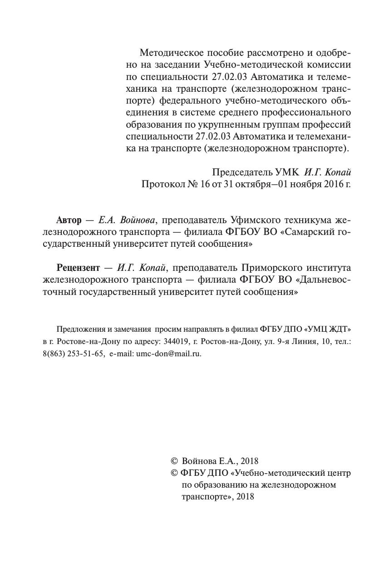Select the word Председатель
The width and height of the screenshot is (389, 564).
click(x=242, y=172)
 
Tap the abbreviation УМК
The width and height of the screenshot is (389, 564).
click(x=287, y=172)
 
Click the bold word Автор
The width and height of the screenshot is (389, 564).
click(x=69, y=220)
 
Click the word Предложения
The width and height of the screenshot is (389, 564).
click(x=80, y=329)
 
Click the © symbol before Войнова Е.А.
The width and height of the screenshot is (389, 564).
click(x=174, y=461)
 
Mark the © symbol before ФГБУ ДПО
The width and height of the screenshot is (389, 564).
click(x=174, y=473)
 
